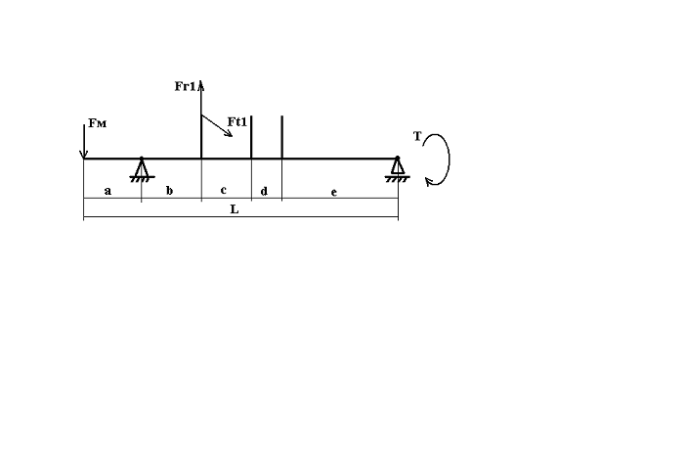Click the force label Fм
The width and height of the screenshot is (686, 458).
[97, 123]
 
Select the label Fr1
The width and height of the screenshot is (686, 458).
[186, 86]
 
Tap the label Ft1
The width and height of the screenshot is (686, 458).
[237, 122]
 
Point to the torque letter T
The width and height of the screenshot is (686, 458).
[417, 137]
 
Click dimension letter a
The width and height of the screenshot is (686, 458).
[107, 191]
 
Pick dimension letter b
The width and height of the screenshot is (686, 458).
[169, 190]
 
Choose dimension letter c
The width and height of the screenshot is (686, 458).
[224, 190]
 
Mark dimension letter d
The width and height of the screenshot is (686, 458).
[264, 191]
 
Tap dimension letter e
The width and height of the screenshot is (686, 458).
[334, 192]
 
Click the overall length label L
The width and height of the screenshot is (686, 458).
[235, 209]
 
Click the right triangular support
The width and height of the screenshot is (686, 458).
[398, 166]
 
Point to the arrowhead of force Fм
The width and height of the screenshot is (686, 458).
[84, 155]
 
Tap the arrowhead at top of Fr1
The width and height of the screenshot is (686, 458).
[201, 84]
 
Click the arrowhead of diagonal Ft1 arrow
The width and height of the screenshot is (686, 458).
[229, 133]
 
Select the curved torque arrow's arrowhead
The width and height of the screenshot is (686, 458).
[429, 181]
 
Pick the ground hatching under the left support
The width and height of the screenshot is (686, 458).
[142, 178]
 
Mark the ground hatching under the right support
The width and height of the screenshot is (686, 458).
[398, 178]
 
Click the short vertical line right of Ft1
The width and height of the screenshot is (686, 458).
[251, 137]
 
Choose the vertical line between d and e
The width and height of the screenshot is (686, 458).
[281, 137]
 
